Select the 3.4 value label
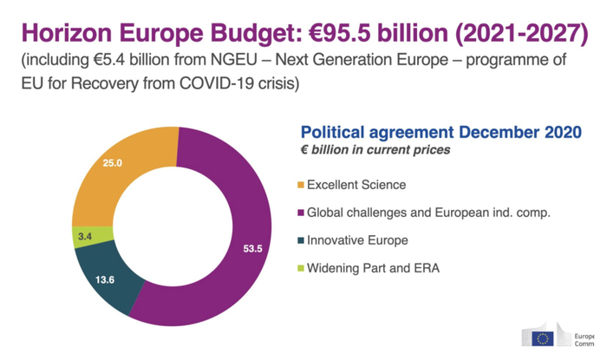[x=85, y=235]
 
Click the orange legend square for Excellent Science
[x=301, y=185]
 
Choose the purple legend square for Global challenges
[x=301, y=213]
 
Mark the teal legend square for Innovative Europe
[x=301, y=240]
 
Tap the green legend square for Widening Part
[x=301, y=268]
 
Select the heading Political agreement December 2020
[x=441, y=132]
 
